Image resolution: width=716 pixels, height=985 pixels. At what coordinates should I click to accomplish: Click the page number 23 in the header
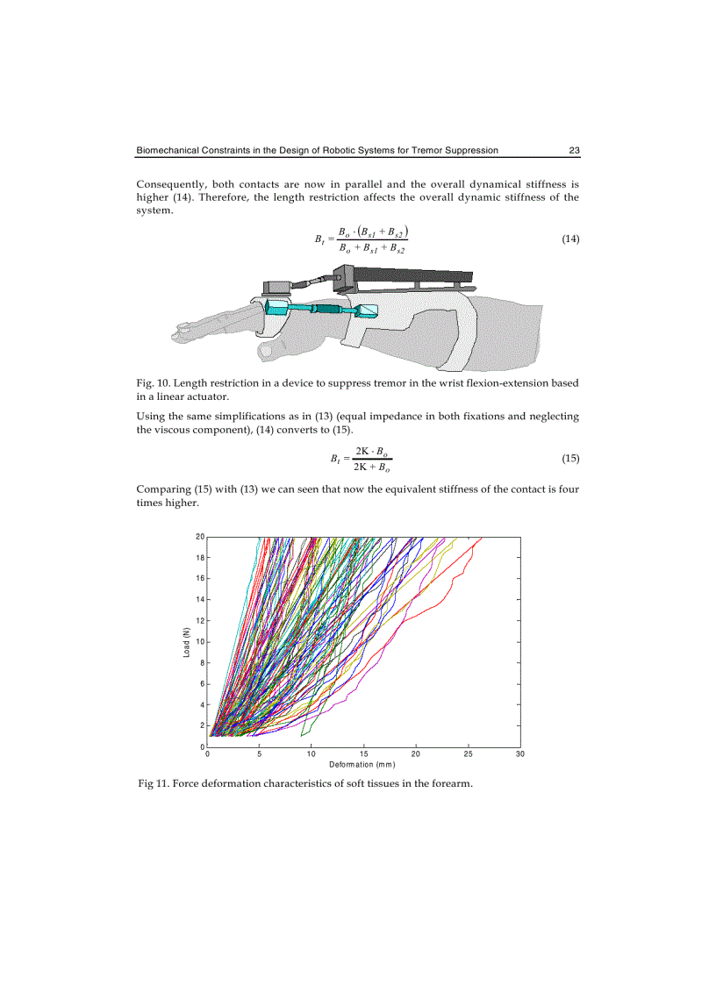[x=574, y=150]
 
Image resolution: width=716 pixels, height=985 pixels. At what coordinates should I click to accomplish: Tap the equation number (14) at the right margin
[x=569, y=239]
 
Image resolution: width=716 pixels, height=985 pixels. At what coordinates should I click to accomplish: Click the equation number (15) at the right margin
[x=569, y=459]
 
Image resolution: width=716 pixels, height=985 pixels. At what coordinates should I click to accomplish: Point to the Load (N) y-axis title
[x=186, y=643]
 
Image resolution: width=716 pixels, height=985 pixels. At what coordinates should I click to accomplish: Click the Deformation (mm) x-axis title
[x=362, y=764]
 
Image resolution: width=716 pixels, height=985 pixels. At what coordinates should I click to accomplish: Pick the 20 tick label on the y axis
[x=200, y=537]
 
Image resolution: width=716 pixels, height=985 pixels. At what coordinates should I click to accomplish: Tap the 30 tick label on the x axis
[x=519, y=753]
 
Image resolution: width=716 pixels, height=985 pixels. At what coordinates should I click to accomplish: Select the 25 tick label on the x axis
[x=468, y=753]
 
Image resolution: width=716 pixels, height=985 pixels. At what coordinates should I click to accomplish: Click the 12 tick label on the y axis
[x=200, y=621]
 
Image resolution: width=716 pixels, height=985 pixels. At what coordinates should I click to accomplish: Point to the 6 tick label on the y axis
[x=202, y=684]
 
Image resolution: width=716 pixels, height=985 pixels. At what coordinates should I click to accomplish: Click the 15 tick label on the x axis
[x=363, y=753]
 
